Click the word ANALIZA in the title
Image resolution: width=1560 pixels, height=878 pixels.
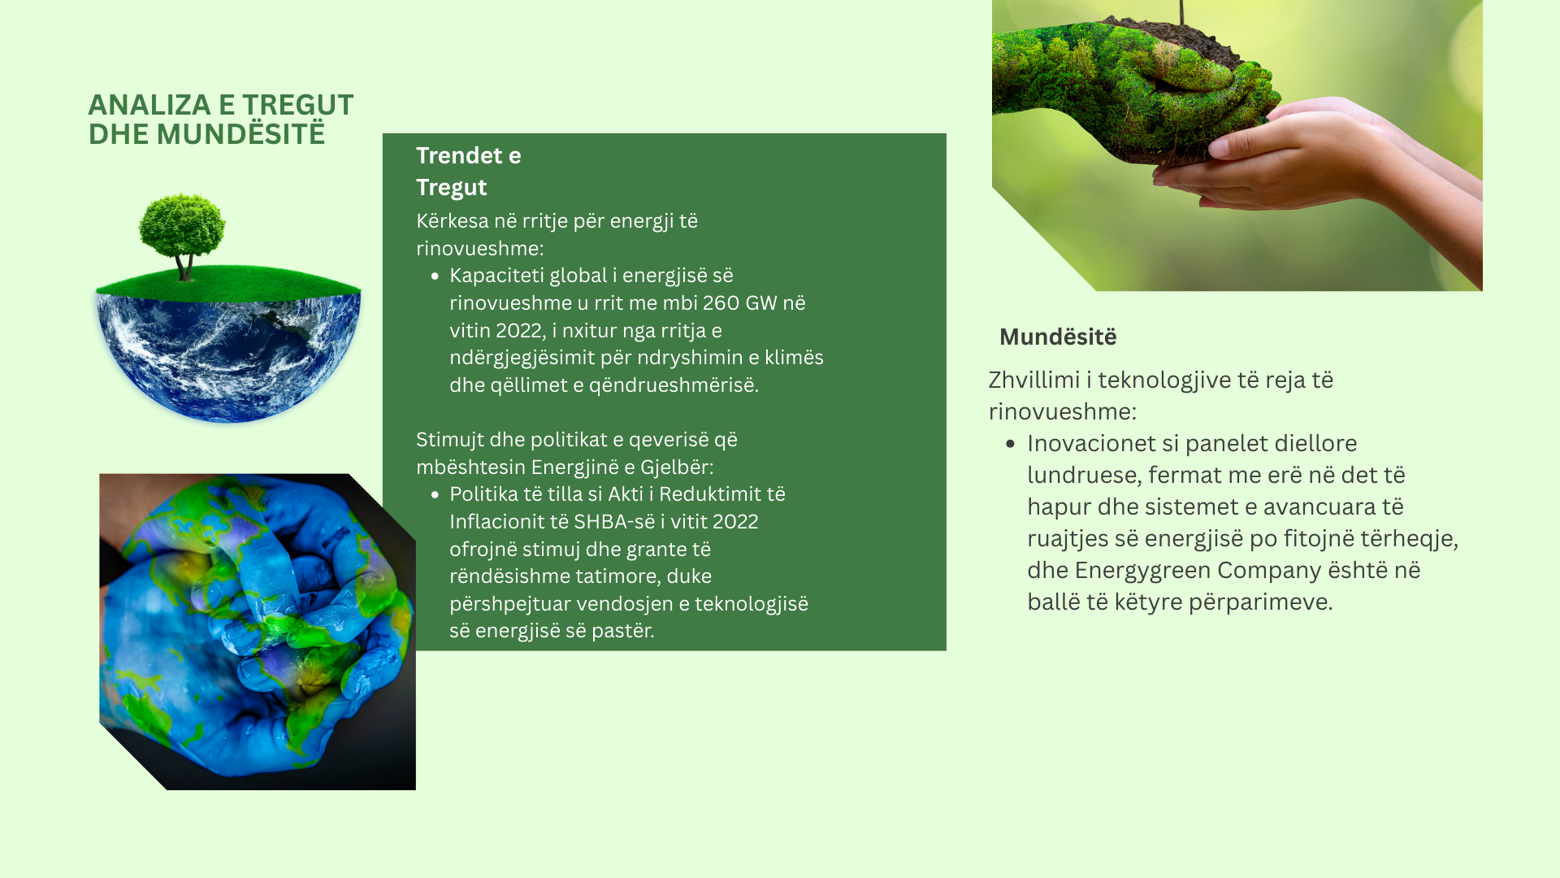149,105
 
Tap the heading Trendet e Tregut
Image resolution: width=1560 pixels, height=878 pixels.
469,172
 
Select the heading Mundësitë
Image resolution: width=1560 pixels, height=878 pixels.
1058,337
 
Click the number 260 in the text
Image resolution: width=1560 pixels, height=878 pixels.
721,303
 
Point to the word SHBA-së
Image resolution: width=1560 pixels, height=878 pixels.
613,522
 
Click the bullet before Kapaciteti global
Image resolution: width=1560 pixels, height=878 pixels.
435,276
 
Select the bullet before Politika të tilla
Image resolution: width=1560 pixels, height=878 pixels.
435,494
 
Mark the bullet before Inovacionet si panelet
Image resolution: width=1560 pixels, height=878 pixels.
1010,444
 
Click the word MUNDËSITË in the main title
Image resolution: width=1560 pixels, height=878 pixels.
240,134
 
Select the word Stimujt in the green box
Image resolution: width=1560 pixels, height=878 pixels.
449,441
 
